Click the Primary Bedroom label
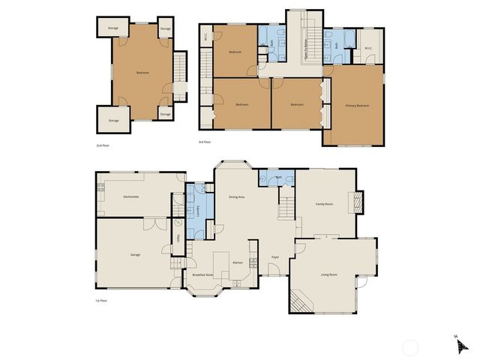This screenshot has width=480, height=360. point(358,106)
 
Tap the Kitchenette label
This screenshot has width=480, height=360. point(132,196)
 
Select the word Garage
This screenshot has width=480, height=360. point(135,255)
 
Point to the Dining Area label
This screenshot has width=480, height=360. point(236,196)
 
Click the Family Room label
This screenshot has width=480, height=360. point(324,204)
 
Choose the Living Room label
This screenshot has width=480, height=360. point(328,274)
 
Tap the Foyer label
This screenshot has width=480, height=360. point(275,256)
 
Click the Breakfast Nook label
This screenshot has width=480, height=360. point(203,275)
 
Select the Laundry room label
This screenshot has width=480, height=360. point(197,212)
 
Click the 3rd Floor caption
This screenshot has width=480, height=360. point(205,142)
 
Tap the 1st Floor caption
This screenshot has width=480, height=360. point(102,301)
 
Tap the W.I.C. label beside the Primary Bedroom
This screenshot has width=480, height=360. point(368,49)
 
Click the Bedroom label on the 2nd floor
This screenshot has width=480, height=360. point(142,73)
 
